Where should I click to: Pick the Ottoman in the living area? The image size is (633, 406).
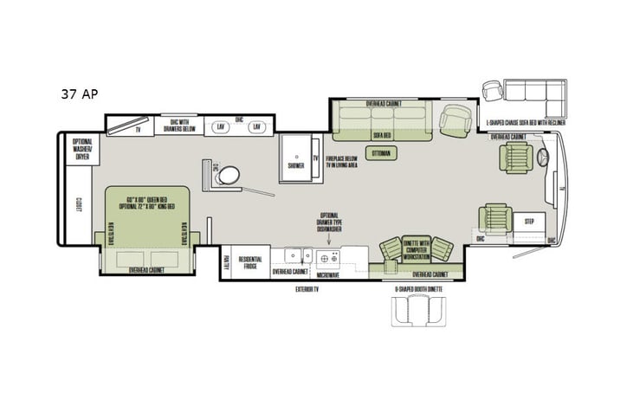click(381, 153)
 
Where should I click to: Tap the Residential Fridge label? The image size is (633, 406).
click(250, 262)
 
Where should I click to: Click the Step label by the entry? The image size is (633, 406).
click(528, 222)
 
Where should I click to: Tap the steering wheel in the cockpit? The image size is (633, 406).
click(542, 158)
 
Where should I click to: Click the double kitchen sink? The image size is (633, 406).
click(299, 255)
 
